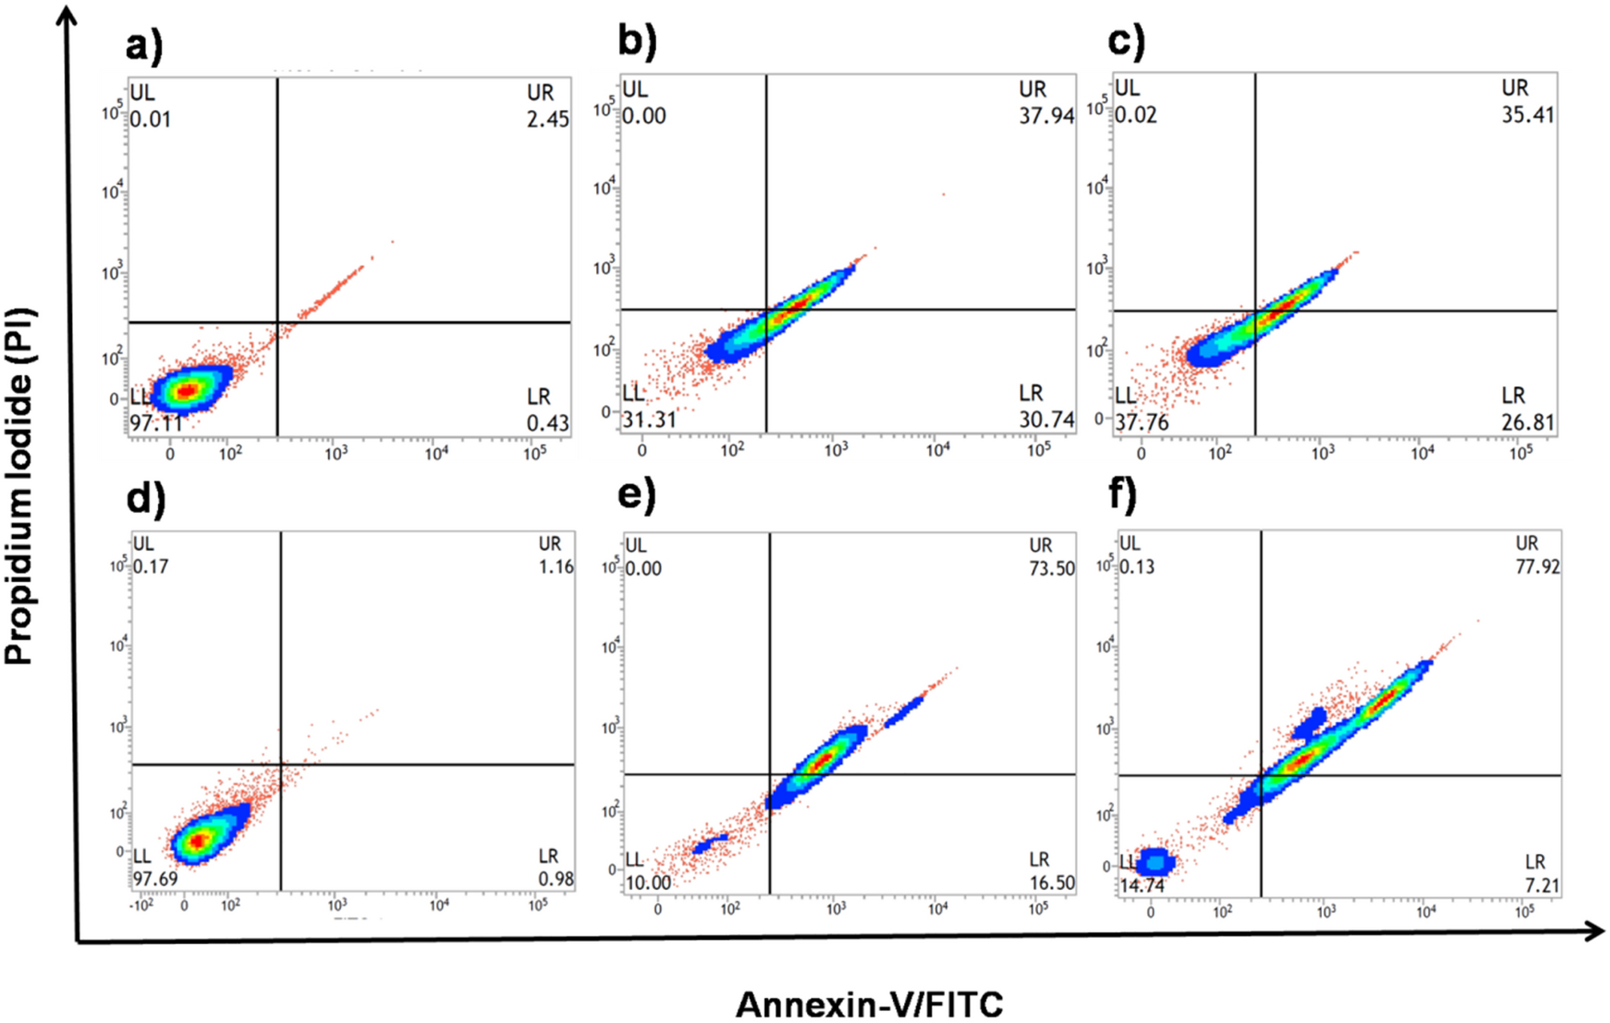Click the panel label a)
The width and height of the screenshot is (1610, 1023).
click(144, 46)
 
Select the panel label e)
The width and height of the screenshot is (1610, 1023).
click(636, 495)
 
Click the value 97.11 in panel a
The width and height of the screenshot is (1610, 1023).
click(156, 423)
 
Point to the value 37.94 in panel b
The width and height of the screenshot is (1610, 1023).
click(1046, 116)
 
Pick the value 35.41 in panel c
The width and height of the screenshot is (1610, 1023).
click(1527, 115)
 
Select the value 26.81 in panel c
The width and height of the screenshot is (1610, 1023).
click(1527, 422)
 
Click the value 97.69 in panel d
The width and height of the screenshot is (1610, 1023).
click(156, 879)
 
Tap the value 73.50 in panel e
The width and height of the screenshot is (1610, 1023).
click(1052, 568)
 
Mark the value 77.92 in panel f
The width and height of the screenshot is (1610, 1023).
click(1537, 567)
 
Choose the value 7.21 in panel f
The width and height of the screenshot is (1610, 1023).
click(1542, 886)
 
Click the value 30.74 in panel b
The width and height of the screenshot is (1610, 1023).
click(1046, 419)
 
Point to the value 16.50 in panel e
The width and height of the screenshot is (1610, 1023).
click(1052, 883)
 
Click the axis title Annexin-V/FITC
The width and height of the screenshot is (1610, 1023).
click(869, 1004)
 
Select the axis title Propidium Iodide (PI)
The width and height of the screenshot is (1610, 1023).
click(19, 486)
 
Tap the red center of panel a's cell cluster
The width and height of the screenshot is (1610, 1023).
click(186, 390)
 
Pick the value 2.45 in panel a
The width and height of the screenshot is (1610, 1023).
click(548, 119)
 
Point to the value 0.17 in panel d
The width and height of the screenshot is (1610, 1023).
click(151, 567)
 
